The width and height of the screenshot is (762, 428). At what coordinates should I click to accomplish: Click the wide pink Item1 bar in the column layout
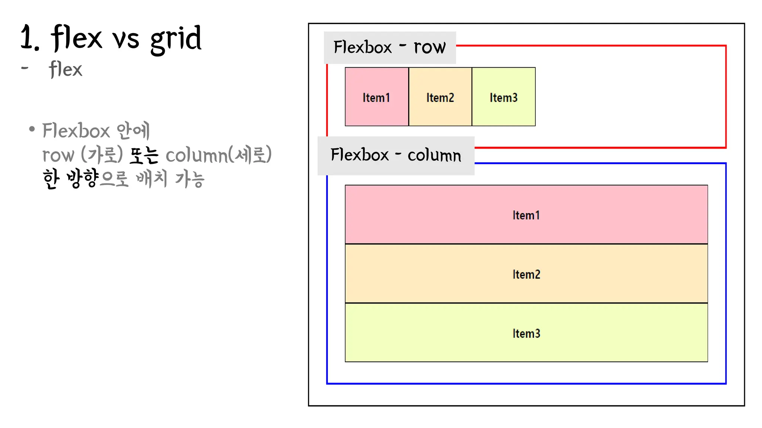(526, 214)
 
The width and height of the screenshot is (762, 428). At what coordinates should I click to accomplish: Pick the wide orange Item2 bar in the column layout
(526, 273)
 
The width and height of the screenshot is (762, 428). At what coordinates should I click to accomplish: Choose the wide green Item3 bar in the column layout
(526, 333)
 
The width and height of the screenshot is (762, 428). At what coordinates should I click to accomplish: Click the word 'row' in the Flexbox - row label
(430, 47)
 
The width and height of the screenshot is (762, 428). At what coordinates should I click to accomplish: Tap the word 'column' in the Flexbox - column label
(434, 155)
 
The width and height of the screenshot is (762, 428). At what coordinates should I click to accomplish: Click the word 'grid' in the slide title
(176, 39)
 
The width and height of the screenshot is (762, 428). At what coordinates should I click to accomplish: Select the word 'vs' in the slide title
(126, 39)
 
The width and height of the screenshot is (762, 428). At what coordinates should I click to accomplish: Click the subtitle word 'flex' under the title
(65, 69)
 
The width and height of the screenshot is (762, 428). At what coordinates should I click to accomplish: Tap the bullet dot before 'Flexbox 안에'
(32, 129)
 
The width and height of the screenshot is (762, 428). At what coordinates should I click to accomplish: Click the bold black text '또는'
(144, 155)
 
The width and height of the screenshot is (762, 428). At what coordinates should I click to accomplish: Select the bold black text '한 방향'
(70, 179)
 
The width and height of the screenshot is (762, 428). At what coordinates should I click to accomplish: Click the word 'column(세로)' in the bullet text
(218, 155)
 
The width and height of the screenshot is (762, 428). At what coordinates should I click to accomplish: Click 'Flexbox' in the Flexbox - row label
(362, 47)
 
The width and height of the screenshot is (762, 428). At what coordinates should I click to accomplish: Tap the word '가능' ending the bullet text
(190, 179)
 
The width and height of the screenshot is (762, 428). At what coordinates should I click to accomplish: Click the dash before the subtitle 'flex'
(25, 68)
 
